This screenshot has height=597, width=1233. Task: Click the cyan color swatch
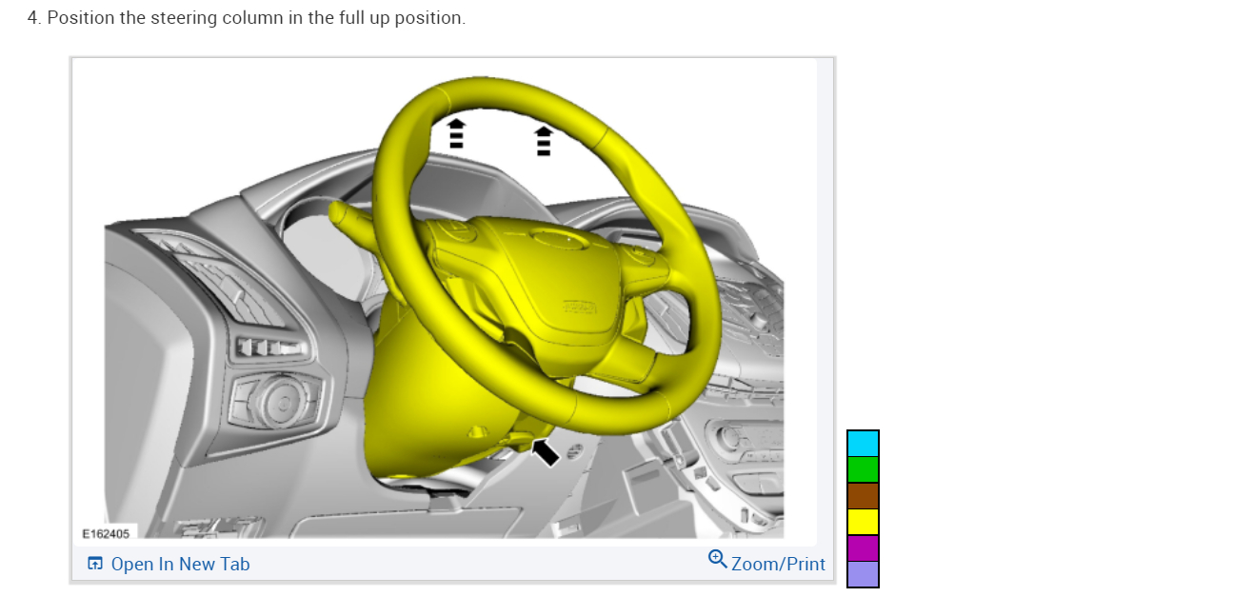[x=863, y=444]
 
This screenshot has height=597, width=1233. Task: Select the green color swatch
[x=863, y=470]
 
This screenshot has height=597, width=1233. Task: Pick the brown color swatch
[x=863, y=496]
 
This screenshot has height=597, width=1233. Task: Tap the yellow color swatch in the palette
[x=863, y=522]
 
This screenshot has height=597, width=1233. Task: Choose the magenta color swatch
[x=863, y=548]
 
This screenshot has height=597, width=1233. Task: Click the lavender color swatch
[x=863, y=574]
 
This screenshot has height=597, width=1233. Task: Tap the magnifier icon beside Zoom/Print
[x=717, y=559]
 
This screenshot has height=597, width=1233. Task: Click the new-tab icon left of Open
[x=95, y=564]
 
